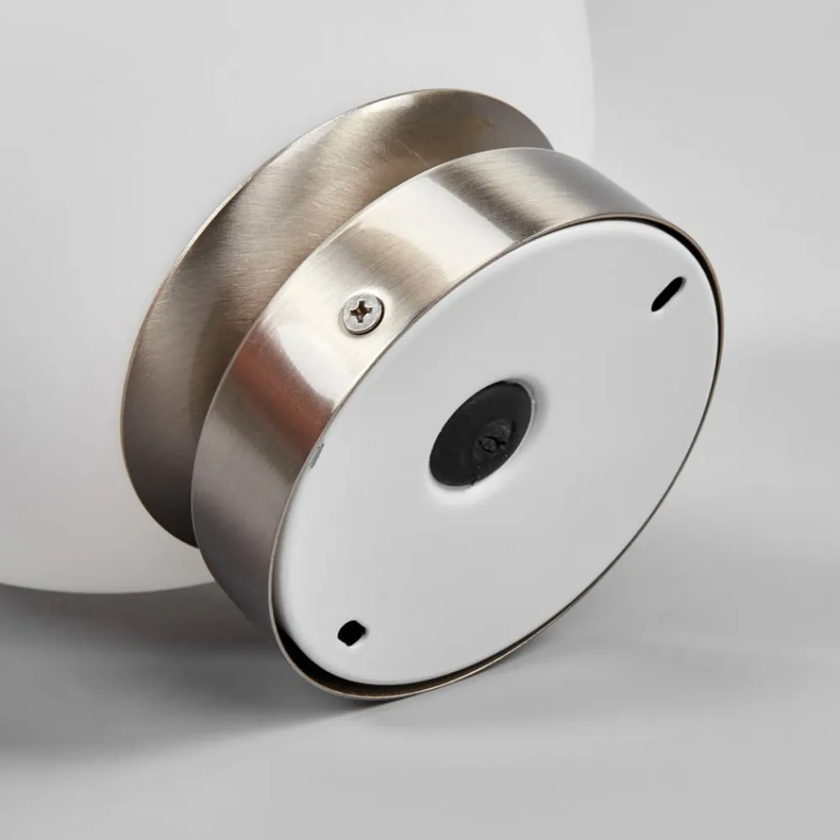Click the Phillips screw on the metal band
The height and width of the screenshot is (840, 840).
pyautogui.click(x=362, y=312)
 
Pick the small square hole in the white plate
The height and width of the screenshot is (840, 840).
pyautogui.click(x=350, y=632)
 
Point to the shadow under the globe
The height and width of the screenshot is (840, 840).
pyautogui.click(x=126, y=638)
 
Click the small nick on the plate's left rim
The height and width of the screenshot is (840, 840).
pyautogui.click(x=317, y=454)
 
